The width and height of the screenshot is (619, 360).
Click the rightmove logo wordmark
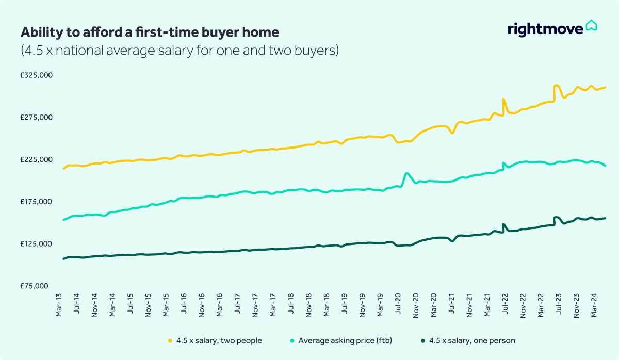pos(545,29)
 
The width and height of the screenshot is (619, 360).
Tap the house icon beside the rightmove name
pos(591,26)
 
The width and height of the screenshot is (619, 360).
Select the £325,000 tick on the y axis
pos(37,75)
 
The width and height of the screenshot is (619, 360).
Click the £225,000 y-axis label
pos(37,159)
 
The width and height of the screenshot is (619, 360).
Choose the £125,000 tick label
pos(37,243)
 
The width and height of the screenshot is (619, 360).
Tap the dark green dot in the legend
pos(423,341)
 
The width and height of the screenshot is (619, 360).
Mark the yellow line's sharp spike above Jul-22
pos(503,99)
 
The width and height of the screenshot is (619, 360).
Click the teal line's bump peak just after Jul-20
pos(407,173)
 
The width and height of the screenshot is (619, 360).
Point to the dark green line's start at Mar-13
pos(63,259)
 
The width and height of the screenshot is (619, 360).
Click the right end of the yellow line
pos(605,87)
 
